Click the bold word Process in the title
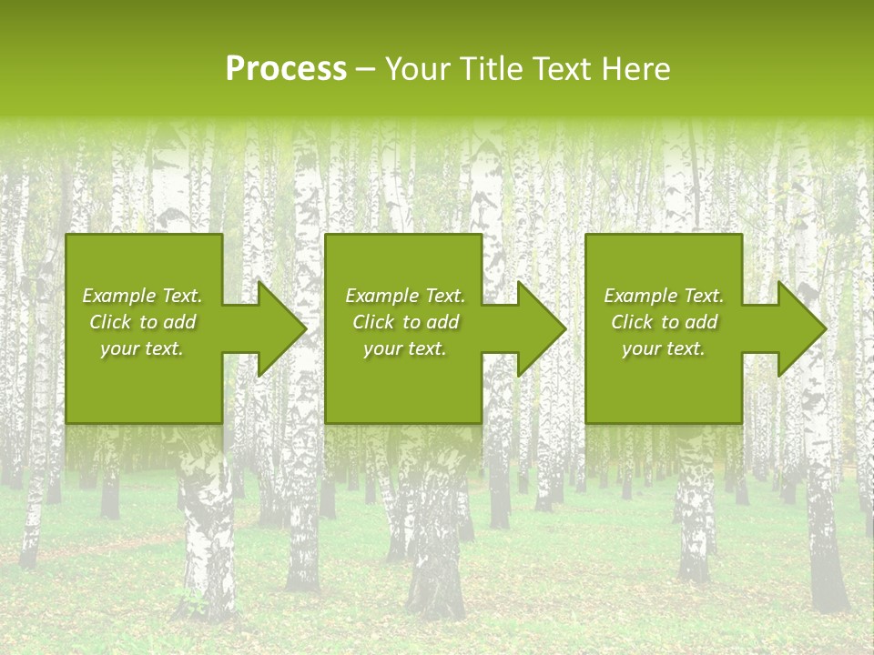coord(286,69)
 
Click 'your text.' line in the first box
coord(142,348)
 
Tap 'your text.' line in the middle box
coord(404,348)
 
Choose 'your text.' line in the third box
coord(664,348)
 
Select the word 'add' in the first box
coord(179,322)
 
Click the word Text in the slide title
coord(559,69)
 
